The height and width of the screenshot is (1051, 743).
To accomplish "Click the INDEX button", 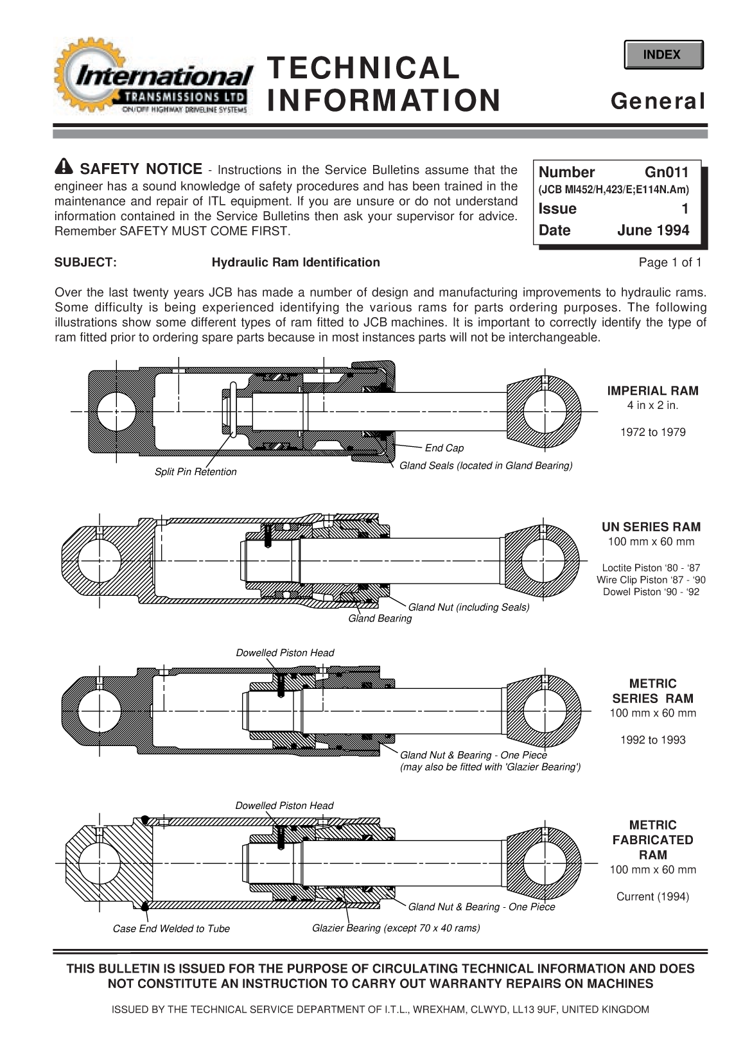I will [663, 55].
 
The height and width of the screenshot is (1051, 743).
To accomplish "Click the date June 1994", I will [652, 230].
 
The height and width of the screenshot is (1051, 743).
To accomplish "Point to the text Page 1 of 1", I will [670, 262].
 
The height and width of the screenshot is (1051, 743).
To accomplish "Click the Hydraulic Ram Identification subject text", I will [295, 262].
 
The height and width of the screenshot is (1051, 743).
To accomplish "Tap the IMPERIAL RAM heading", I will [652, 390].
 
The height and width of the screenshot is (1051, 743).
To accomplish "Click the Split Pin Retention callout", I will [195, 472].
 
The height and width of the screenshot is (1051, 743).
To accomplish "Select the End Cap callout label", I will [444, 448].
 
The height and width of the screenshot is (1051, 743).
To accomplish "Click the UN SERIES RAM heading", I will [651, 527].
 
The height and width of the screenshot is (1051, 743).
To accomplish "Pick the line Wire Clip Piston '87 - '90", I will [651, 580].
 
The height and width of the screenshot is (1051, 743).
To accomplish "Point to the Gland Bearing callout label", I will [380, 618].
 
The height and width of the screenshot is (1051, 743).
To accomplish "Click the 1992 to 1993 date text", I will [652, 740].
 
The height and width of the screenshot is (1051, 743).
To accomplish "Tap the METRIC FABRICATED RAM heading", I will [652, 840].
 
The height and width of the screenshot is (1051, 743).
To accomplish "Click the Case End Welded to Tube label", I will [171, 928].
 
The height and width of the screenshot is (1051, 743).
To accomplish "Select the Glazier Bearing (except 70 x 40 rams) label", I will [396, 928].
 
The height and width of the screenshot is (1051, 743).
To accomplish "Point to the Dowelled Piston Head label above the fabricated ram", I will [284, 805].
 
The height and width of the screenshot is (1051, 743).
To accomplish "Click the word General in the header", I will [658, 101].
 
